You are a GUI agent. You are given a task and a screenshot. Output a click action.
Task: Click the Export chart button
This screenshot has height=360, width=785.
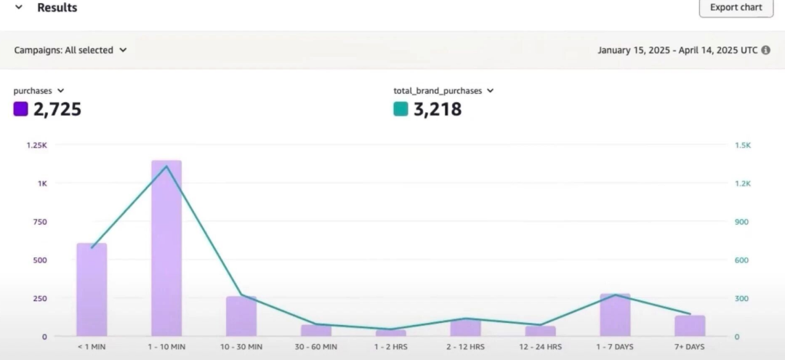736,7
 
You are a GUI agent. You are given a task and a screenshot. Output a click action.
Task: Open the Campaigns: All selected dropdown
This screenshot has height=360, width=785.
71,50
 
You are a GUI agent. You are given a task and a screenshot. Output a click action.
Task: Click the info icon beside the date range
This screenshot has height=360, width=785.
765,50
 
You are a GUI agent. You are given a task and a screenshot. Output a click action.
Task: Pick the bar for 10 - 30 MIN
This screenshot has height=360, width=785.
241,316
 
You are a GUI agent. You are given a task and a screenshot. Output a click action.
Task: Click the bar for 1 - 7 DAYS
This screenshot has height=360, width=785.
615,315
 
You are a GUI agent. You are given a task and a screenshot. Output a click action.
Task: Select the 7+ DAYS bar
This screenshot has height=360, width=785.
690,326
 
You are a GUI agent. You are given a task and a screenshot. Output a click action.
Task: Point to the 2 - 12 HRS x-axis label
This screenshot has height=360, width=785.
465,347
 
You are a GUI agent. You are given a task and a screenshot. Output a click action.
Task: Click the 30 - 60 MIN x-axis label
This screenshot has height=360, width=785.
316,347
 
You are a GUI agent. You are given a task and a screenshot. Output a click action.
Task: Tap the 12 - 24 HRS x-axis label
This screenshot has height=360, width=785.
540,347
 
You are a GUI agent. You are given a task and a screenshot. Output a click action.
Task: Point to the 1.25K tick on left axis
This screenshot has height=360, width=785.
36,145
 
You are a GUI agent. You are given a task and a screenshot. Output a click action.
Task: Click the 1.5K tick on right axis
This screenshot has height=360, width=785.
743,145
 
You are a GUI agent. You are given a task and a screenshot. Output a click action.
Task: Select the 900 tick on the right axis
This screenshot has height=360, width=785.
742,222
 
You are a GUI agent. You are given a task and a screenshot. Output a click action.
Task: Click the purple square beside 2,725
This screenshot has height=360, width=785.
20,109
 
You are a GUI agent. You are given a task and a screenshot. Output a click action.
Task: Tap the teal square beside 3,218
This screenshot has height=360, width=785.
400,109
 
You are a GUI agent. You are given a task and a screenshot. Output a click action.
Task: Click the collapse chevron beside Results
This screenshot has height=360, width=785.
18,7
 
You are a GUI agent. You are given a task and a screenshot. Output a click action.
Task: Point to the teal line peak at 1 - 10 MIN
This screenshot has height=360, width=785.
166,167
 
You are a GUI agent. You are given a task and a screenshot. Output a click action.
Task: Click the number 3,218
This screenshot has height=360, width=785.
438,110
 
